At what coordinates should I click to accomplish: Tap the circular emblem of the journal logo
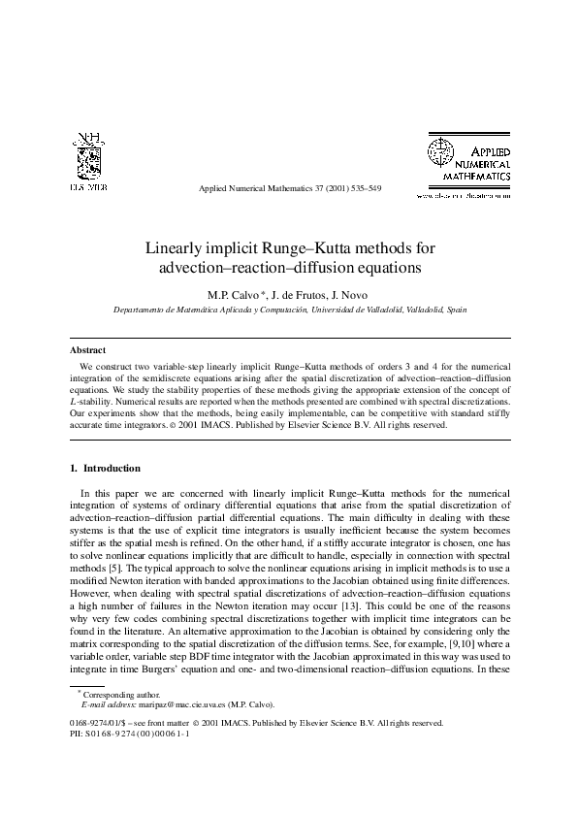(x=441, y=152)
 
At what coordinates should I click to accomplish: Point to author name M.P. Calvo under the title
(x=234, y=294)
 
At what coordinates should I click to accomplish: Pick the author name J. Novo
(x=354, y=294)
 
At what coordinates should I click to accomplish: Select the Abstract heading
(x=88, y=349)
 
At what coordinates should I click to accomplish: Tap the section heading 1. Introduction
(x=105, y=468)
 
